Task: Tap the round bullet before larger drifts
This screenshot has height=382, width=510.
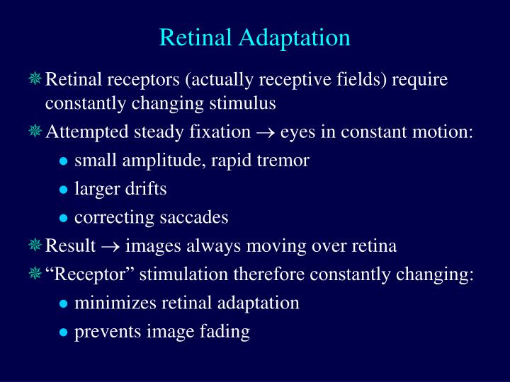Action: [x=64, y=190]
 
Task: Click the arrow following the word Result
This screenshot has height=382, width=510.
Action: [x=110, y=246]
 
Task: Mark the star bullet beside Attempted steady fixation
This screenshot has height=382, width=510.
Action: [x=35, y=132]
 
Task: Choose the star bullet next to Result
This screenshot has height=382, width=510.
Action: [x=35, y=245]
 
